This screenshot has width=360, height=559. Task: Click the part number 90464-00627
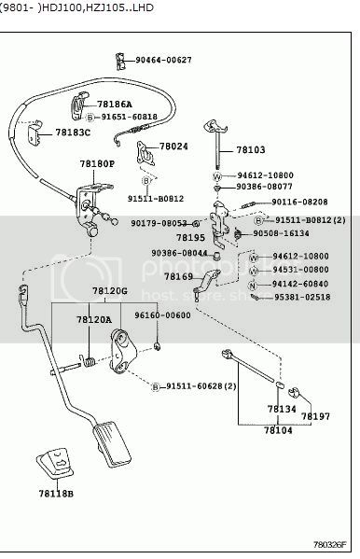[163, 60]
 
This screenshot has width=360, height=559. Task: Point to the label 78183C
[73, 133]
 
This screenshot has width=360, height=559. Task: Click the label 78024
[173, 147]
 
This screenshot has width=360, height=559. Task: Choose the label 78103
[250, 149]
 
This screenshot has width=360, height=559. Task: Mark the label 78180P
[96, 163]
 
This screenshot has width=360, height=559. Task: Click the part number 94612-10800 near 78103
[265, 175]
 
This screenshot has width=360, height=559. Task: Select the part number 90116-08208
[299, 202]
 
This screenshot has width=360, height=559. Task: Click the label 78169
[178, 276]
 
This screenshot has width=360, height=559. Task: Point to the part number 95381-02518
[301, 297]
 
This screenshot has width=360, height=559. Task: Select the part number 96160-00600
[161, 315]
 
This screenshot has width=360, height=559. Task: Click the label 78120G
[109, 292]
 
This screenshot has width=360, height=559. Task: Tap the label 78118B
[55, 492]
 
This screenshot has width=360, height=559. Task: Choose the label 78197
[315, 415]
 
